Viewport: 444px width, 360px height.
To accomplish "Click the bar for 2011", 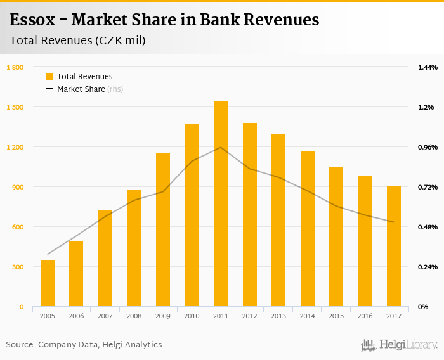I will pyautogui.click(x=221, y=203).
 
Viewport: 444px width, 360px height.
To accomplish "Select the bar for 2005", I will pyautogui.click(x=48, y=283).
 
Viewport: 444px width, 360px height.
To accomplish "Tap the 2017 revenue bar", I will pyautogui.click(x=394, y=247).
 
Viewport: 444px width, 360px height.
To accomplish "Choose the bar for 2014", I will pyautogui.click(x=308, y=229).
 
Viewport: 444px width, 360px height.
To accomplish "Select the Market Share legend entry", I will pyautogui.click(x=81, y=89).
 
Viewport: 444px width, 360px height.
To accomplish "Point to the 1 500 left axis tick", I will pyautogui.click(x=15, y=107).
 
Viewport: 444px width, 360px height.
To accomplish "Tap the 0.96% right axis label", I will pyautogui.click(x=428, y=147).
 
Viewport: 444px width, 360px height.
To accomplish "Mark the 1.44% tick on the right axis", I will pyautogui.click(x=428, y=67).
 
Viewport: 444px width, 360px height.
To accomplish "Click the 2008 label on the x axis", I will pyautogui.click(x=134, y=316).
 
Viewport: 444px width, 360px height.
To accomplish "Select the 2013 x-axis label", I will pyautogui.click(x=278, y=316).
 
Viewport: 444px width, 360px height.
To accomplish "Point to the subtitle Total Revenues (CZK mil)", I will pyautogui.click(x=78, y=41).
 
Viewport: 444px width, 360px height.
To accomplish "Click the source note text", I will pyautogui.click(x=84, y=345).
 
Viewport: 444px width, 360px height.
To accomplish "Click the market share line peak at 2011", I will pyautogui.click(x=221, y=148).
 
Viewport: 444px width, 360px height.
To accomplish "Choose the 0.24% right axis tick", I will pyautogui.click(x=428, y=267).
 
